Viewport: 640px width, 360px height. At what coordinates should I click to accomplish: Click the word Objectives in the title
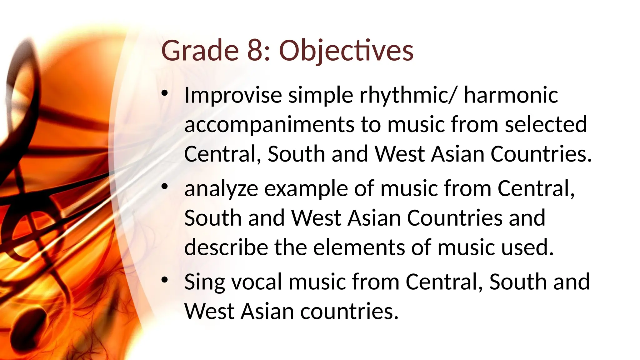pyautogui.click(x=346, y=51)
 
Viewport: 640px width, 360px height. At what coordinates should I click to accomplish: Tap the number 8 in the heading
pyautogui.click(x=258, y=51)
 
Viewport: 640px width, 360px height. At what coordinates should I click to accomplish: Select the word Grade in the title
pyautogui.click(x=200, y=51)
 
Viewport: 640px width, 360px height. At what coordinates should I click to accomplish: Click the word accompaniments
pyautogui.click(x=269, y=125)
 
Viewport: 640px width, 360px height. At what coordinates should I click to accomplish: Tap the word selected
pyautogui.click(x=546, y=125)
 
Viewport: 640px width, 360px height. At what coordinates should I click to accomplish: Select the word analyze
pyautogui.click(x=221, y=189)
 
